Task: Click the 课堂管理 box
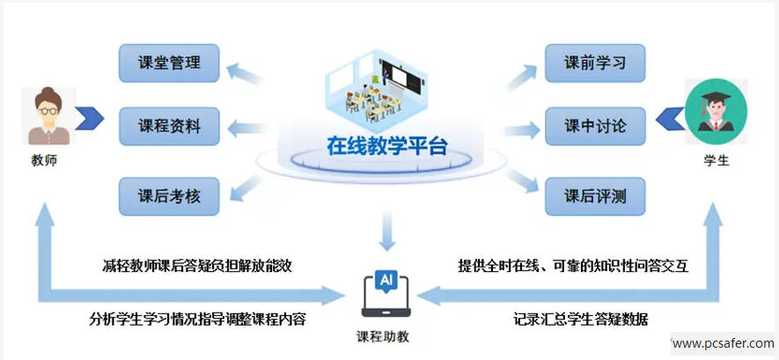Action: (170, 63)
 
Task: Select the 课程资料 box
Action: (170, 127)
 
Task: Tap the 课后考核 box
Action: (170, 195)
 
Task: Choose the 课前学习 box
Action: (595, 63)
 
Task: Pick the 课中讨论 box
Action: (595, 127)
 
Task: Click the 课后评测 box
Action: (595, 195)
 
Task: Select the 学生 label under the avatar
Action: (717, 162)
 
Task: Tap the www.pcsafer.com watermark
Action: (723, 343)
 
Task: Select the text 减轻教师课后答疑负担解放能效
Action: (197, 265)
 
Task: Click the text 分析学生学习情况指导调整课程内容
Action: (197, 319)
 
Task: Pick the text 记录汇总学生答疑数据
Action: (575, 319)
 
